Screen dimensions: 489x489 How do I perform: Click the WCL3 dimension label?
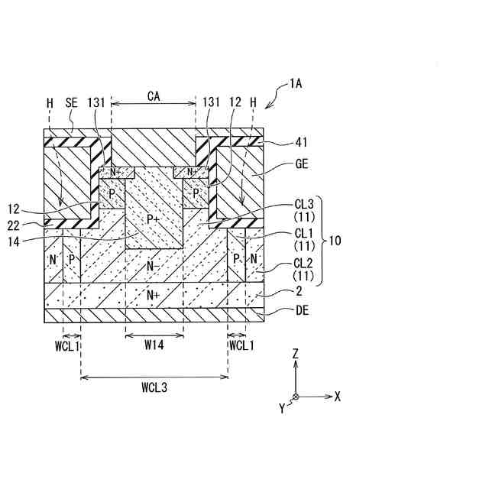click(154, 387)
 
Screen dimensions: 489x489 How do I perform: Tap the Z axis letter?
click(295, 353)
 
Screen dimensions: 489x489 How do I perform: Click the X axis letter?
click(337, 397)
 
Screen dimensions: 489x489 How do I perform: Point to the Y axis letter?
click(282, 409)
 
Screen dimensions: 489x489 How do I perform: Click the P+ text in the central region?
click(154, 219)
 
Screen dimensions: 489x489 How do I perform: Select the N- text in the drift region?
click(154, 267)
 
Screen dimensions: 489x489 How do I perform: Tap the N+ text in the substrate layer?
click(154, 294)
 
